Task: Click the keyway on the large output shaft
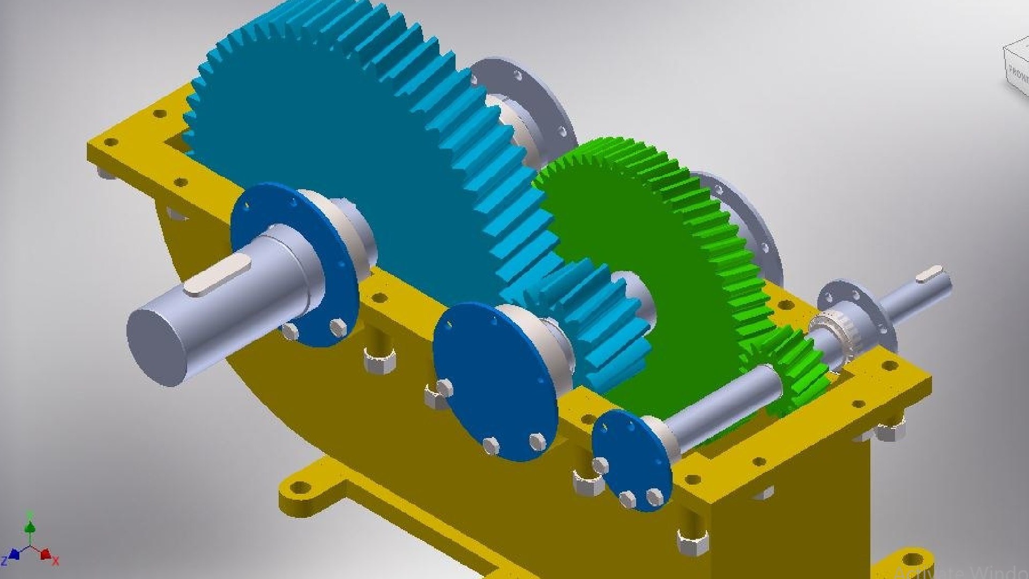[217, 275]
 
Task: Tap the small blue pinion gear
[595, 322]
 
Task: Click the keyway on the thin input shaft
[929, 274]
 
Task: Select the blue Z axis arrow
[13, 554]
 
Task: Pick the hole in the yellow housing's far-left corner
[110, 143]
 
